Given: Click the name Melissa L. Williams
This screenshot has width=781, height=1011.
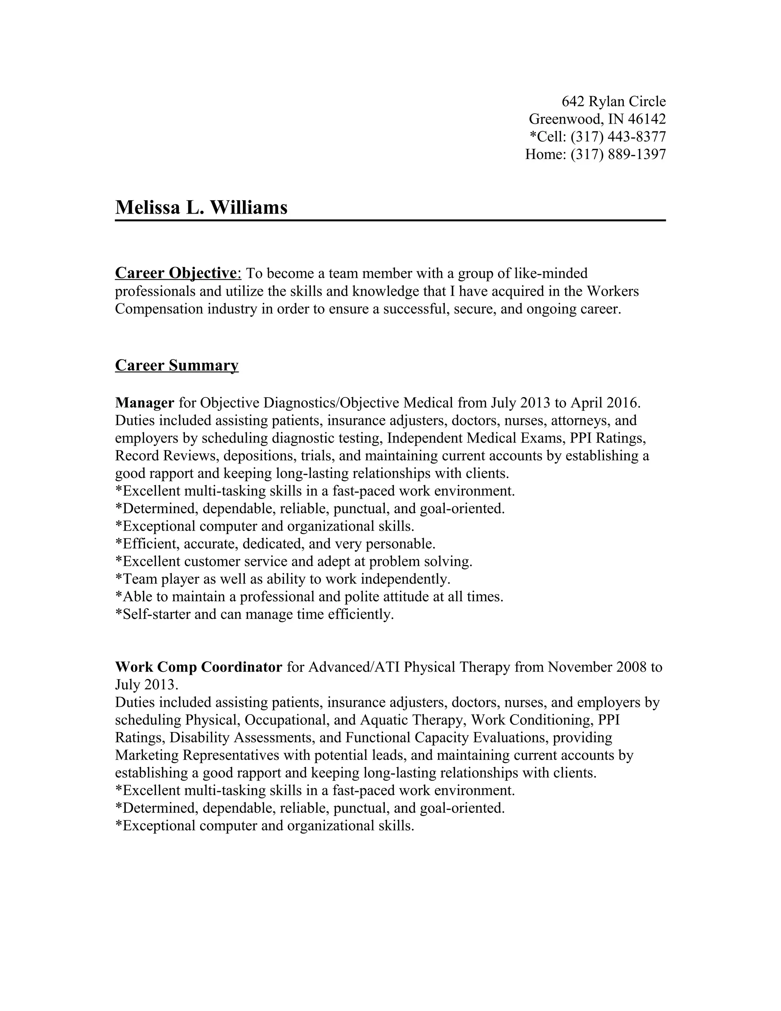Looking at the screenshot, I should tap(201, 208).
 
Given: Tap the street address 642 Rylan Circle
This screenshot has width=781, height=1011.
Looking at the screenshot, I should tap(614, 101).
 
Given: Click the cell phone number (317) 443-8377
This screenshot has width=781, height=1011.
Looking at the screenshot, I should tap(618, 137).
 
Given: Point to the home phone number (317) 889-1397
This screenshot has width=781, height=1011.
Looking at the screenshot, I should tap(618, 154).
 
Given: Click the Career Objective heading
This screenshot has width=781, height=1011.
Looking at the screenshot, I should tap(176, 273).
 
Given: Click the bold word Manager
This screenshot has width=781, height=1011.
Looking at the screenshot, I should tap(145, 403).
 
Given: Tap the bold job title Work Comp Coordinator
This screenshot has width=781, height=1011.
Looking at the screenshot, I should tap(198, 667).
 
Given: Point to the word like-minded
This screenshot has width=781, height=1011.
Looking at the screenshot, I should tap(551, 273).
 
